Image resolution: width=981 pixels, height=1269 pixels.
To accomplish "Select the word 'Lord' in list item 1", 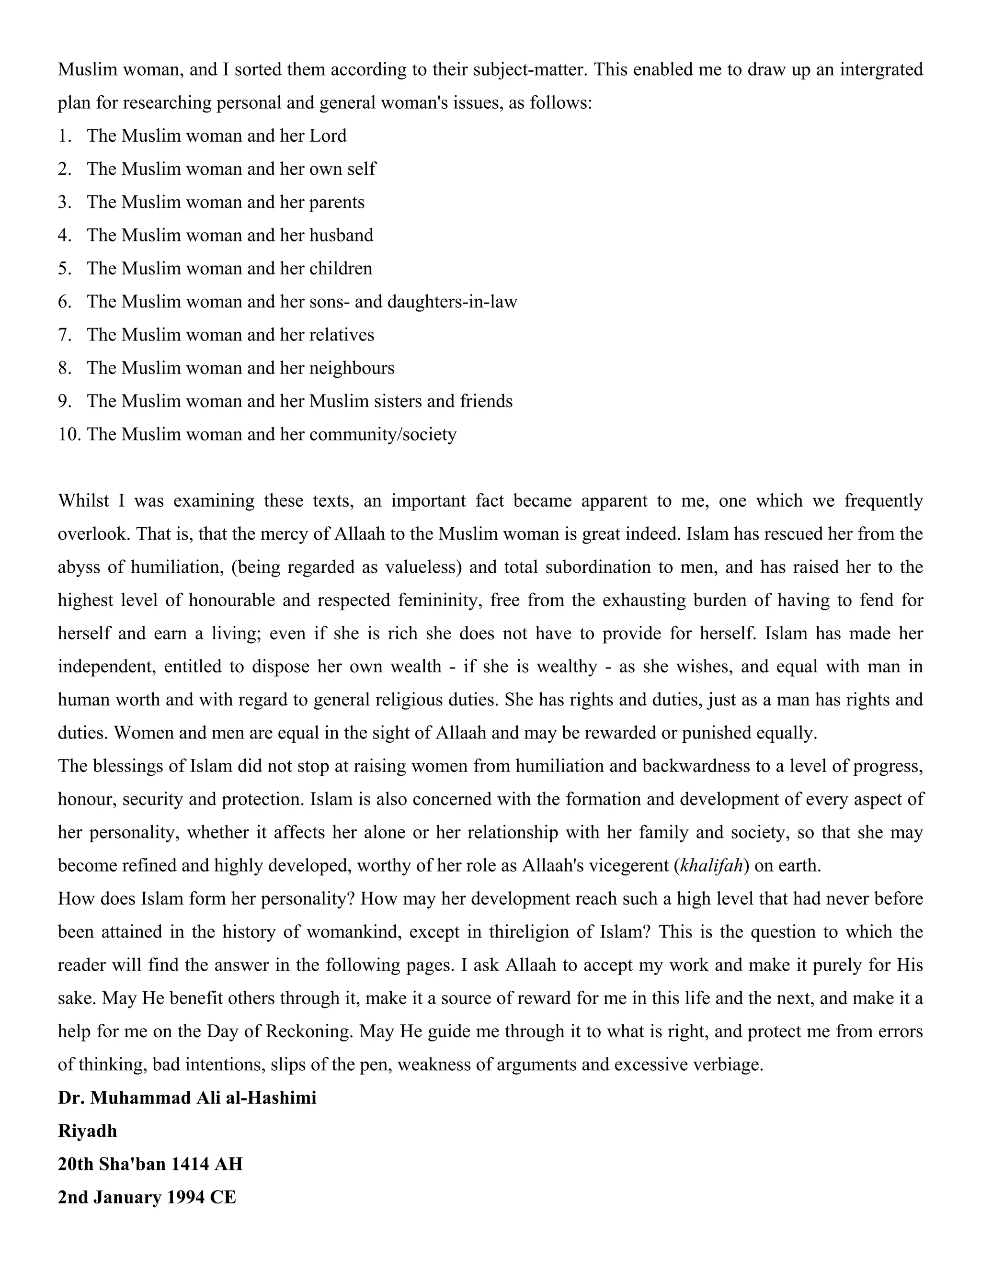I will coord(328,136).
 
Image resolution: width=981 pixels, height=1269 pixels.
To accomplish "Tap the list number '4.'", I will coord(65,235).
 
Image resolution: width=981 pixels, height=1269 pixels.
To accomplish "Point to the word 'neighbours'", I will coord(352,368).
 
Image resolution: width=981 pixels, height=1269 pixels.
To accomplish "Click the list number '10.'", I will coord(69,434).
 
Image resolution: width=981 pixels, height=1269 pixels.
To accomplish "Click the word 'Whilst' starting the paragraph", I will coord(83,500).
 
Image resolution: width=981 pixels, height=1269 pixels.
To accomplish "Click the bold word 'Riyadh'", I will coord(87,1131).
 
